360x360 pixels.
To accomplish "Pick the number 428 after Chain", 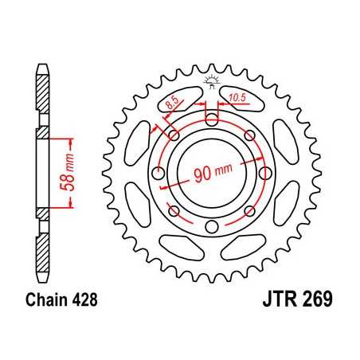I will point(83,304).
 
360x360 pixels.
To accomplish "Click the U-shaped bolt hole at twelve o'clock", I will point(212,120).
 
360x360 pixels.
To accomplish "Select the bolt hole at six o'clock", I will point(212,230).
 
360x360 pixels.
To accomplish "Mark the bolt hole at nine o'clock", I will point(158,174).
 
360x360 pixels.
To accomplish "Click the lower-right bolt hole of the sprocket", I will point(250,212).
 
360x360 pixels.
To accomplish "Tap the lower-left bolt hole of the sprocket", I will point(174,212).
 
